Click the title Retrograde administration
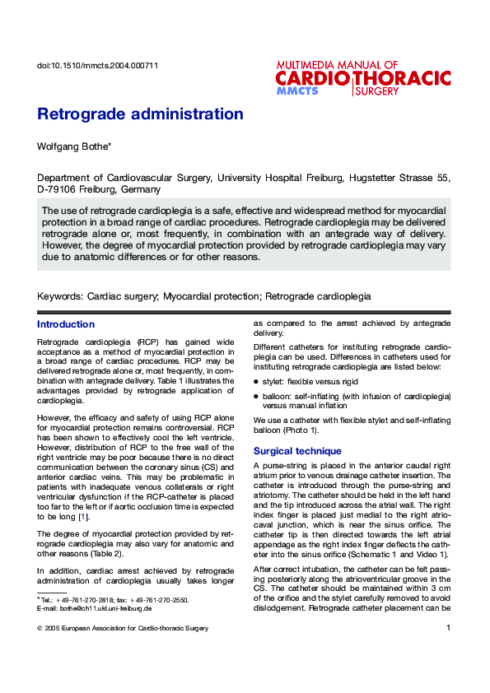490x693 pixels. coord(140,114)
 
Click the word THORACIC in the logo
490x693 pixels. coord(403,78)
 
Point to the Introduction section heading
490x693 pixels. coord(66,324)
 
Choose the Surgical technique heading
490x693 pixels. coord(297,451)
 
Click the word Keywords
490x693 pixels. coord(59,295)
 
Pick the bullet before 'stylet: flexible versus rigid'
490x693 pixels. coord(256,383)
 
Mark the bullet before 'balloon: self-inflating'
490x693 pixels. coord(256,397)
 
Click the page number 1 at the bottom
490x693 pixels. coord(448,629)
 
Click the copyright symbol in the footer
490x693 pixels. coord(40,629)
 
